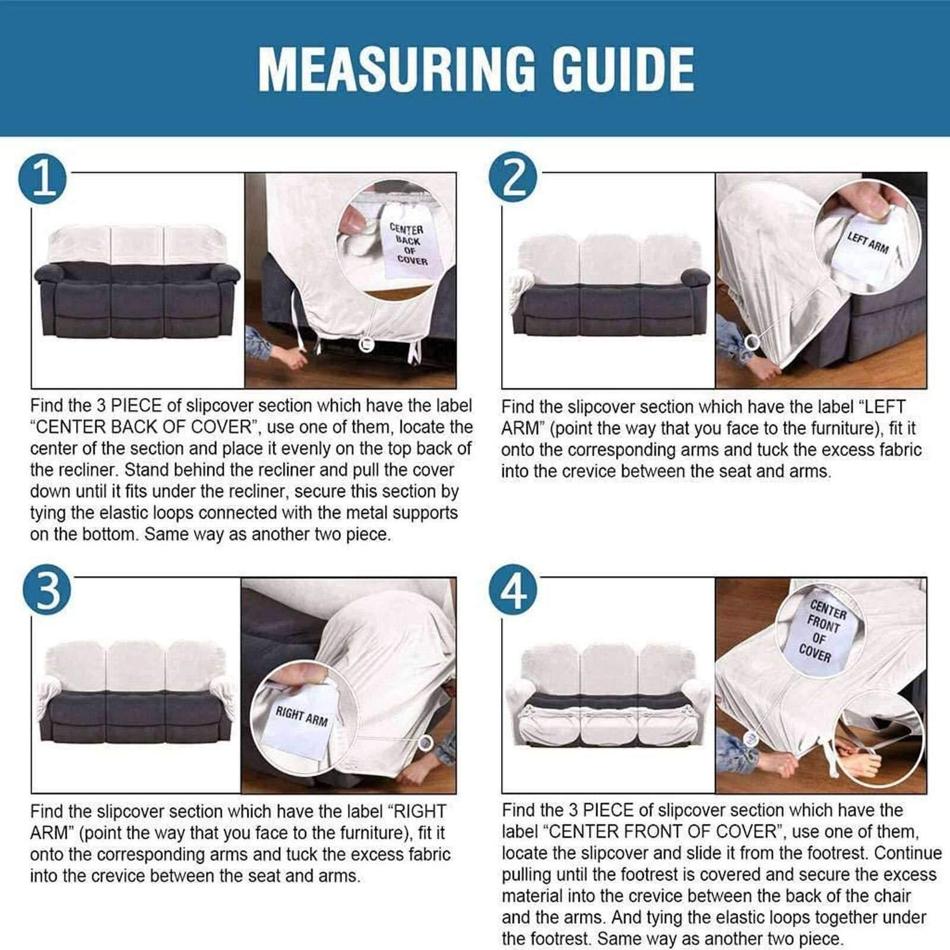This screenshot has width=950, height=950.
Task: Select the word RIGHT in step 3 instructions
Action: [x=420, y=811]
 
